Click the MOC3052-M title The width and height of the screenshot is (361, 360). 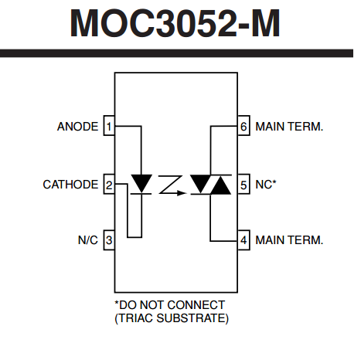point(175,23)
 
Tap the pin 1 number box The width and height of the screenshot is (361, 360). point(109,126)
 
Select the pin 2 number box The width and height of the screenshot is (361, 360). point(109,184)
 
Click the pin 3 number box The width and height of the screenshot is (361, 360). point(109,240)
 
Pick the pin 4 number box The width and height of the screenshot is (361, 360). point(244,240)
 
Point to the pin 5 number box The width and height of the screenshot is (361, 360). point(244,184)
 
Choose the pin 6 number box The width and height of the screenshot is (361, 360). point(244,126)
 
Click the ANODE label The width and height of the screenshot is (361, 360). point(77,127)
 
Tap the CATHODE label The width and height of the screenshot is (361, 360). point(70,185)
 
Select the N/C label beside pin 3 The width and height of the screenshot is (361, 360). point(88,240)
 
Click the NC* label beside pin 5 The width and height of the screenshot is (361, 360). point(266,185)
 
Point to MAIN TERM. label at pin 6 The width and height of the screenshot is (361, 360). point(289,127)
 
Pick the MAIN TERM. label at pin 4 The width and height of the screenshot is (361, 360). point(289,240)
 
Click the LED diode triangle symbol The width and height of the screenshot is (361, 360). point(141,183)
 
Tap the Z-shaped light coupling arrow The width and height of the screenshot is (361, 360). point(172,185)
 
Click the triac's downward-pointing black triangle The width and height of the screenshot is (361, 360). point(200,184)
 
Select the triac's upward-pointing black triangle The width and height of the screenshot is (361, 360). point(220,185)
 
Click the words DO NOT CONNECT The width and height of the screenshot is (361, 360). point(172,305)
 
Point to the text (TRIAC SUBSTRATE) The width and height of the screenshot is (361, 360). point(172,318)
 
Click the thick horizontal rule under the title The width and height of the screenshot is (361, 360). point(176,53)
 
